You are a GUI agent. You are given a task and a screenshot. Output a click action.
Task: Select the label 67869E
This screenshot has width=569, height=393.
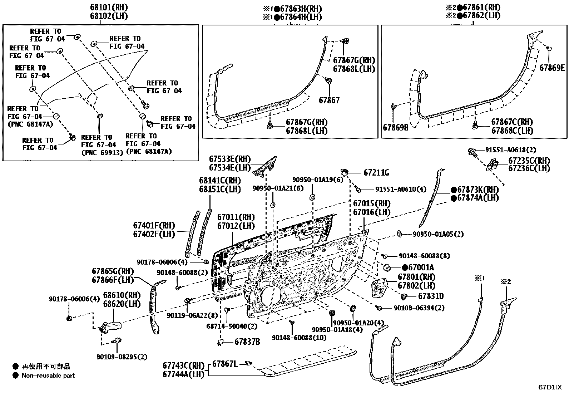(x=552, y=68)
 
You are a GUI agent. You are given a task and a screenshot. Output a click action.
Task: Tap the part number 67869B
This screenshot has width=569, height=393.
(x=395, y=127)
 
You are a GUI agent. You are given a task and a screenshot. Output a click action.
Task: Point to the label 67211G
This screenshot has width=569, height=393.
(x=376, y=173)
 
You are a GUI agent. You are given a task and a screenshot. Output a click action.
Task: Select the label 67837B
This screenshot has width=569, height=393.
(x=247, y=342)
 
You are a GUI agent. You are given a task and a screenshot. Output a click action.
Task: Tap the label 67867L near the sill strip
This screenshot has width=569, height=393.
(x=225, y=364)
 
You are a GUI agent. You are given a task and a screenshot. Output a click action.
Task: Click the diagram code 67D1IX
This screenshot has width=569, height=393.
(x=550, y=387)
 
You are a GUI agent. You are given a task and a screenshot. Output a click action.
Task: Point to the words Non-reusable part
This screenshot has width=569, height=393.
(x=48, y=375)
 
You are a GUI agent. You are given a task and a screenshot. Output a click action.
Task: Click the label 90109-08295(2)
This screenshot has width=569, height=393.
(x=122, y=357)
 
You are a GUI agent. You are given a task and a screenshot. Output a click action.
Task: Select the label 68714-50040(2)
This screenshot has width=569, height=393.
(x=236, y=326)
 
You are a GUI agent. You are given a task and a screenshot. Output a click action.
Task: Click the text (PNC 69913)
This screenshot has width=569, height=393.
(x=102, y=153)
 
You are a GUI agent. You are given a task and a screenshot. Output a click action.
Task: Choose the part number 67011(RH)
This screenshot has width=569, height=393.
(x=236, y=217)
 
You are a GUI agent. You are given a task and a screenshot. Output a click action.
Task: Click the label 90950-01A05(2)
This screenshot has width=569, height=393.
(x=438, y=234)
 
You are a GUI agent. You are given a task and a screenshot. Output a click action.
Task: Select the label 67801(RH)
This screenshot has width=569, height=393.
(x=416, y=277)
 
